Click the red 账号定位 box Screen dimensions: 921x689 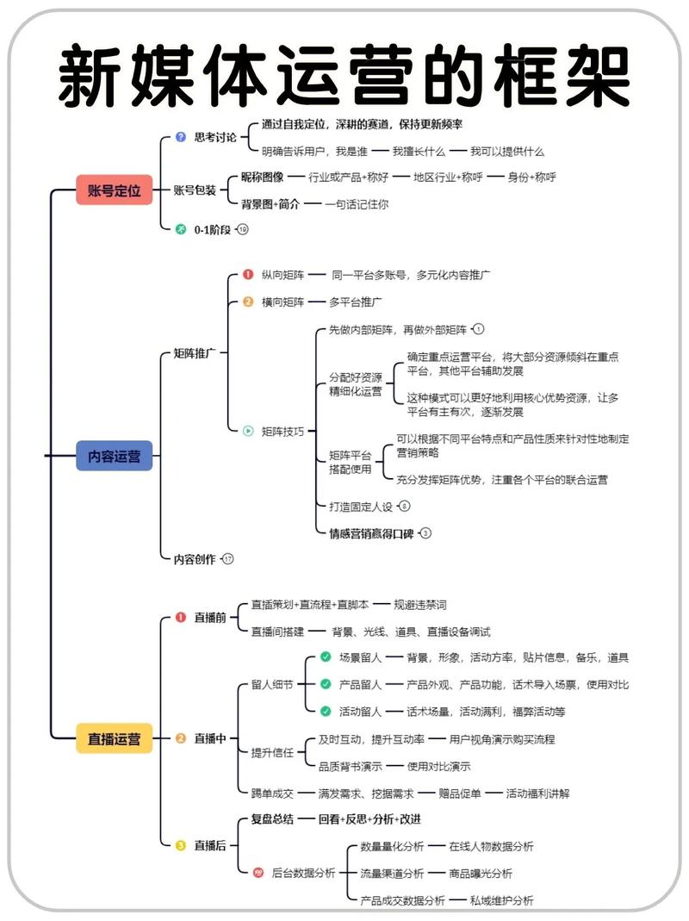pos(114,190)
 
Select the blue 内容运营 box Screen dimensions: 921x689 pos(114,457)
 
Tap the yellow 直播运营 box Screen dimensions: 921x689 pos(114,738)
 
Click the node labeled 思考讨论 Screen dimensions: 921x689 pos(215,136)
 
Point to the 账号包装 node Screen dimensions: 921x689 pos(195,190)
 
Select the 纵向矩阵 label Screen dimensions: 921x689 pos(283,275)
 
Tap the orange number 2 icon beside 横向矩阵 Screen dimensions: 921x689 pos(248,302)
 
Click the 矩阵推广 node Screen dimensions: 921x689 pos(195,353)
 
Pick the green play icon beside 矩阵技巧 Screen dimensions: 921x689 pos(248,431)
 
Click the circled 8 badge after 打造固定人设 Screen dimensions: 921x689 pos(404,507)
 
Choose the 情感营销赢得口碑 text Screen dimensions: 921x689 pos(372,533)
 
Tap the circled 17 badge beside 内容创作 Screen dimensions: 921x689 pos(228,559)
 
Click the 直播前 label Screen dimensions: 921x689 pos(210,617)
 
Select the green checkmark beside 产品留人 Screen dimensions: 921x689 pos(325,684)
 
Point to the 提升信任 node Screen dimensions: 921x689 pos(272,752)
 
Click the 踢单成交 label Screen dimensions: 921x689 pos(272,793)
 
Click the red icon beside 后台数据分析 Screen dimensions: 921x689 pos(258,873)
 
